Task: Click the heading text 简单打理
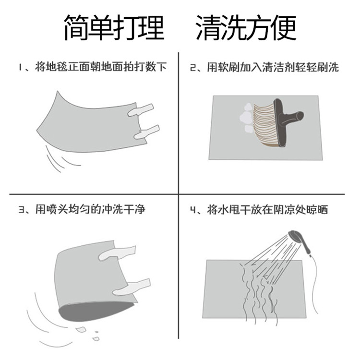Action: pos(114,28)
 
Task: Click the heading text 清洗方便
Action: pos(246,28)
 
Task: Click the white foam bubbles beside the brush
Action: pos(246,118)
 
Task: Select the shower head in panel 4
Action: pos(299,241)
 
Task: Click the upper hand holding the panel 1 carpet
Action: pos(141,110)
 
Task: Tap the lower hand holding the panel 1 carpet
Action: pos(146,132)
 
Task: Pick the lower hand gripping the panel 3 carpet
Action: pos(131,287)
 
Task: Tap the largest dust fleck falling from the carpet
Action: pos(81,330)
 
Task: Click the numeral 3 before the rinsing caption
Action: pos(22,210)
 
